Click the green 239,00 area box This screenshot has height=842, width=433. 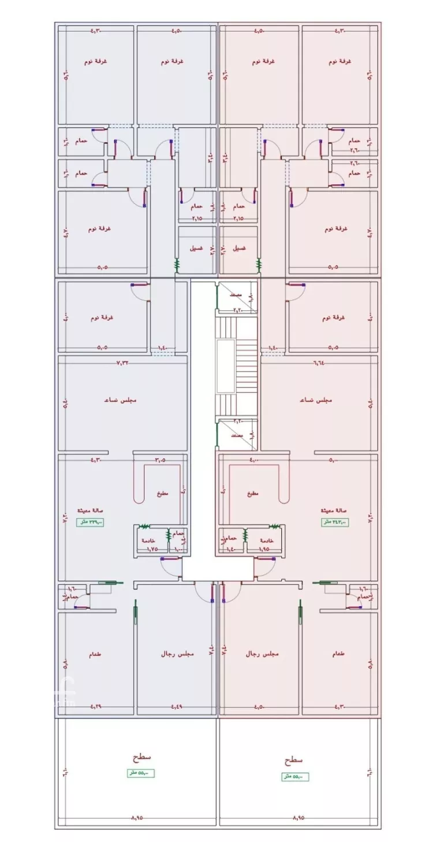click(91, 522)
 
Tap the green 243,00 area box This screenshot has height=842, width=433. click(335, 522)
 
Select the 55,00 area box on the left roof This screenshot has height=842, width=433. click(141, 773)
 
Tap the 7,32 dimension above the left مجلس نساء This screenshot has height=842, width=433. click(123, 363)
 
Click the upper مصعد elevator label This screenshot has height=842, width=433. click(235, 295)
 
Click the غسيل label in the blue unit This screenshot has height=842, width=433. click(196, 249)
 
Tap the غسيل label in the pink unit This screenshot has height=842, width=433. click(238, 249)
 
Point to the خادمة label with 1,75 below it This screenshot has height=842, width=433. click(148, 540)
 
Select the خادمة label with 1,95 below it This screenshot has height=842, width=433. click(266, 540)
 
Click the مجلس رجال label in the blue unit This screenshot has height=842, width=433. click(177, 655)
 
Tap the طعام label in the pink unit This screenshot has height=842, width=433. click(339, 655)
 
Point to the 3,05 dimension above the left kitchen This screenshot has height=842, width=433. click(160, 460)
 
